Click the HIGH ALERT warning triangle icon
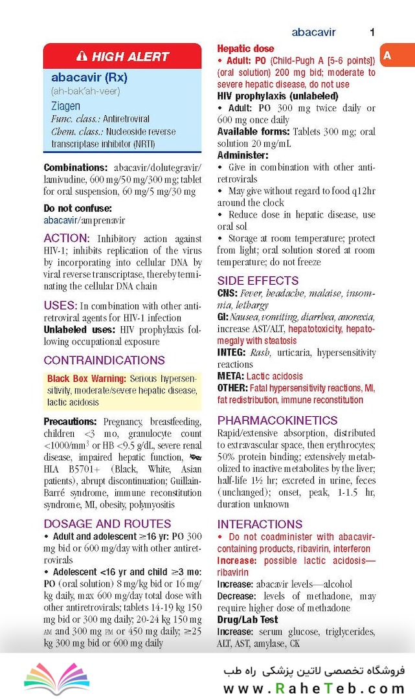point(82,56)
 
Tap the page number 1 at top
point(372,32)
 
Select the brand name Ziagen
point(65,105)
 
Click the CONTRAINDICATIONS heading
point(104,360)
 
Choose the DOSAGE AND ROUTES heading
point(107,524)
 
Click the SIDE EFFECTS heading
point(258,280)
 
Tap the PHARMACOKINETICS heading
point(277,420)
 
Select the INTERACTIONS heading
point(260,524)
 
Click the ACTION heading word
point(66,238)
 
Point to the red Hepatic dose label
point(245,49)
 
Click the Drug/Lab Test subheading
point(247,619)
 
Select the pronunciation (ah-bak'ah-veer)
point(85,91)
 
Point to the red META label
point(230,375)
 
